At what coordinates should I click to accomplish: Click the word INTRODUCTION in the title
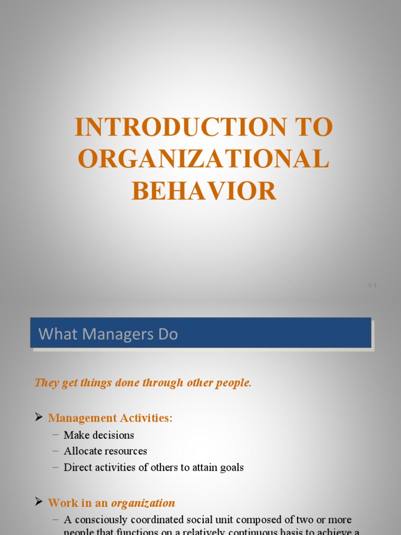click(180, 127)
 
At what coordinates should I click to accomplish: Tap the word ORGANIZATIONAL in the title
click(204, 159)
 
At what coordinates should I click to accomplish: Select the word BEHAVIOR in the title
click(204, 191)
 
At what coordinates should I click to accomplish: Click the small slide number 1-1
click(372, 285)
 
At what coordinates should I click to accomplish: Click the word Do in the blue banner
click(169, 334)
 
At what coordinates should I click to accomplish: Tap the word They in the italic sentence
click(45, 383)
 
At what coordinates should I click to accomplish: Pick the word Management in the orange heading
click(81, 418)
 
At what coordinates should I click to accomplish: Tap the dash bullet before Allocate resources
click(56, 451)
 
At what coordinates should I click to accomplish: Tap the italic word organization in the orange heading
click(143, 503)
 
